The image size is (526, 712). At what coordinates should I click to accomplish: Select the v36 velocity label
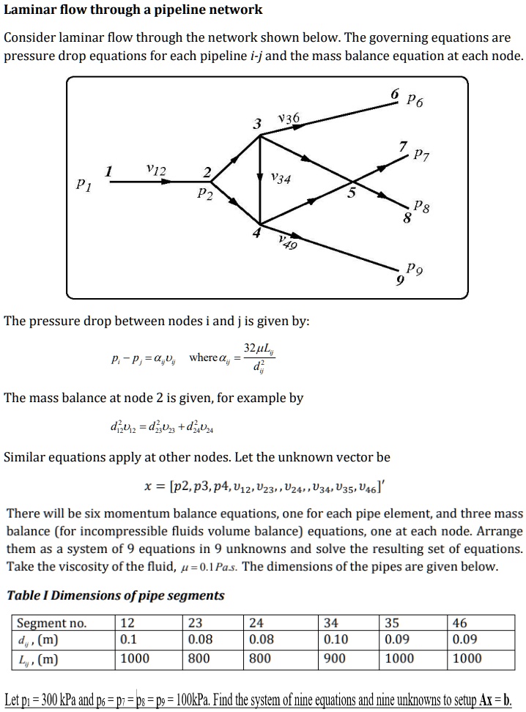[x=288, y=119]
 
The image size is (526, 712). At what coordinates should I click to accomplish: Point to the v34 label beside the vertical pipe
[x=280, y=178]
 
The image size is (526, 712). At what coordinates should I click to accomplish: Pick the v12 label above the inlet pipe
[x=155, y=170]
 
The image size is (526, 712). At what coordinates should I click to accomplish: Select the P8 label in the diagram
[x=421, y=207]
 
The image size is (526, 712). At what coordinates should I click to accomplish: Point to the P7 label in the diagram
[x=421, y=155]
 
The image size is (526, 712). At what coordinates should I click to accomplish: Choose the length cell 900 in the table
[x=334, y=658]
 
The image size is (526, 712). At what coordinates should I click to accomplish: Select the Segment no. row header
[x=51, y=623]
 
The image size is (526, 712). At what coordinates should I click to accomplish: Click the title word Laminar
[x=31, y=10]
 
